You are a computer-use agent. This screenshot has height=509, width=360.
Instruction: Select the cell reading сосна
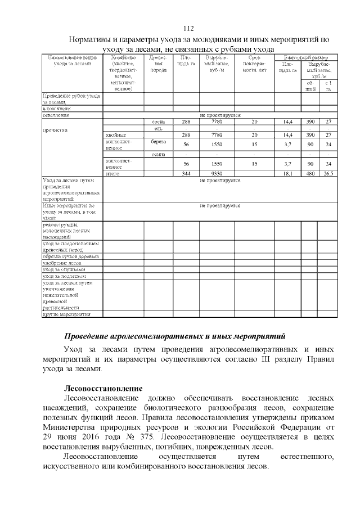[158, 121]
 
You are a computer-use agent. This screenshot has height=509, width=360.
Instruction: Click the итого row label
[113, 174]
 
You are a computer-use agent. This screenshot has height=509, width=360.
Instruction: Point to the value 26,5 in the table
[327, 174]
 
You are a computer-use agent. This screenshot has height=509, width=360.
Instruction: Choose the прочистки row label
[56, 129]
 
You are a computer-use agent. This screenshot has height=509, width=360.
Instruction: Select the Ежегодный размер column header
[305, 57]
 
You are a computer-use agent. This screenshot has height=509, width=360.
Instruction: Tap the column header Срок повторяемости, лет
[254, 64]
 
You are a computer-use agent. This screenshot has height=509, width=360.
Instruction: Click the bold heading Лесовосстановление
[103, 388]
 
